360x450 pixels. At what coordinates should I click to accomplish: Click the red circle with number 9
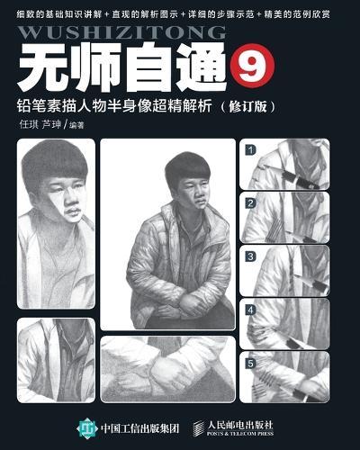coord(247,66)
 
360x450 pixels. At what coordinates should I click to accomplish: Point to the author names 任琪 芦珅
coord(40,128)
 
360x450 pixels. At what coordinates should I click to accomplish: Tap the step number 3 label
coord(252,256)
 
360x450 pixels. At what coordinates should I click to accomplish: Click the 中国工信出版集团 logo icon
coord(88,423)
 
